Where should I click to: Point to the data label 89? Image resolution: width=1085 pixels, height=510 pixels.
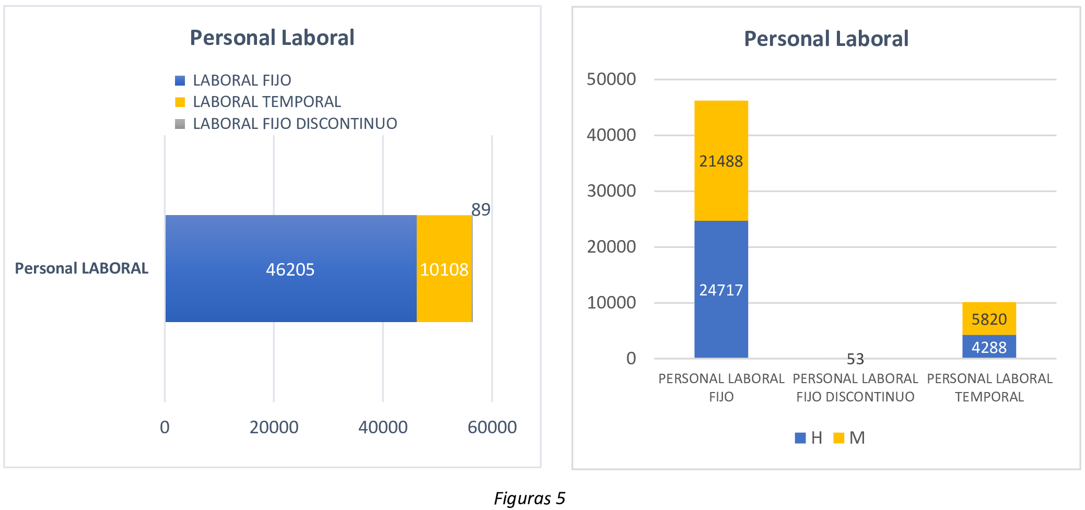[x=481, y=210]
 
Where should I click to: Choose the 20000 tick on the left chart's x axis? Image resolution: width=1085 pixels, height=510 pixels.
[x=274, y=428]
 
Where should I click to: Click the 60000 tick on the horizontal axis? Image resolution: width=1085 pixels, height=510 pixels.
[x=492, y=428]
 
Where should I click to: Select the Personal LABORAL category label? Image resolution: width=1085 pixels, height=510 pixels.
[x=81, y=268]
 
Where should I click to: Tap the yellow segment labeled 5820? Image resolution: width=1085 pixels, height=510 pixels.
[x=989, y=319]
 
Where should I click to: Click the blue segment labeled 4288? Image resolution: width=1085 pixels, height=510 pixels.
[x=989, y=347]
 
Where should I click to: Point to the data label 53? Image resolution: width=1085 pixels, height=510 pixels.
[x=855, y=359]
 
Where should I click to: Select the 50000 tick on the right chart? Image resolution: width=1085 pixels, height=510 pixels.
[x=611, y=79]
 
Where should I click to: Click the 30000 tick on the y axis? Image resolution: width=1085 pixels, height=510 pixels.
[x=611, y=191]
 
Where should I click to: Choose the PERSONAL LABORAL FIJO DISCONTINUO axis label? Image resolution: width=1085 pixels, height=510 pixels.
[x=855, y=387]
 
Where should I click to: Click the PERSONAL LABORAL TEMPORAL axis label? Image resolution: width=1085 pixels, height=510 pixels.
[x=989, y=387]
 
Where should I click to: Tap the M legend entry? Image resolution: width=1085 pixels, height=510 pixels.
[x=850, y=438]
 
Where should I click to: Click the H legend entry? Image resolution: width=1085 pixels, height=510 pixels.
[x=809, y=438]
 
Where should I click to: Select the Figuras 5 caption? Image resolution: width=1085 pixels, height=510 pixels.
[x=530, y=499]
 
